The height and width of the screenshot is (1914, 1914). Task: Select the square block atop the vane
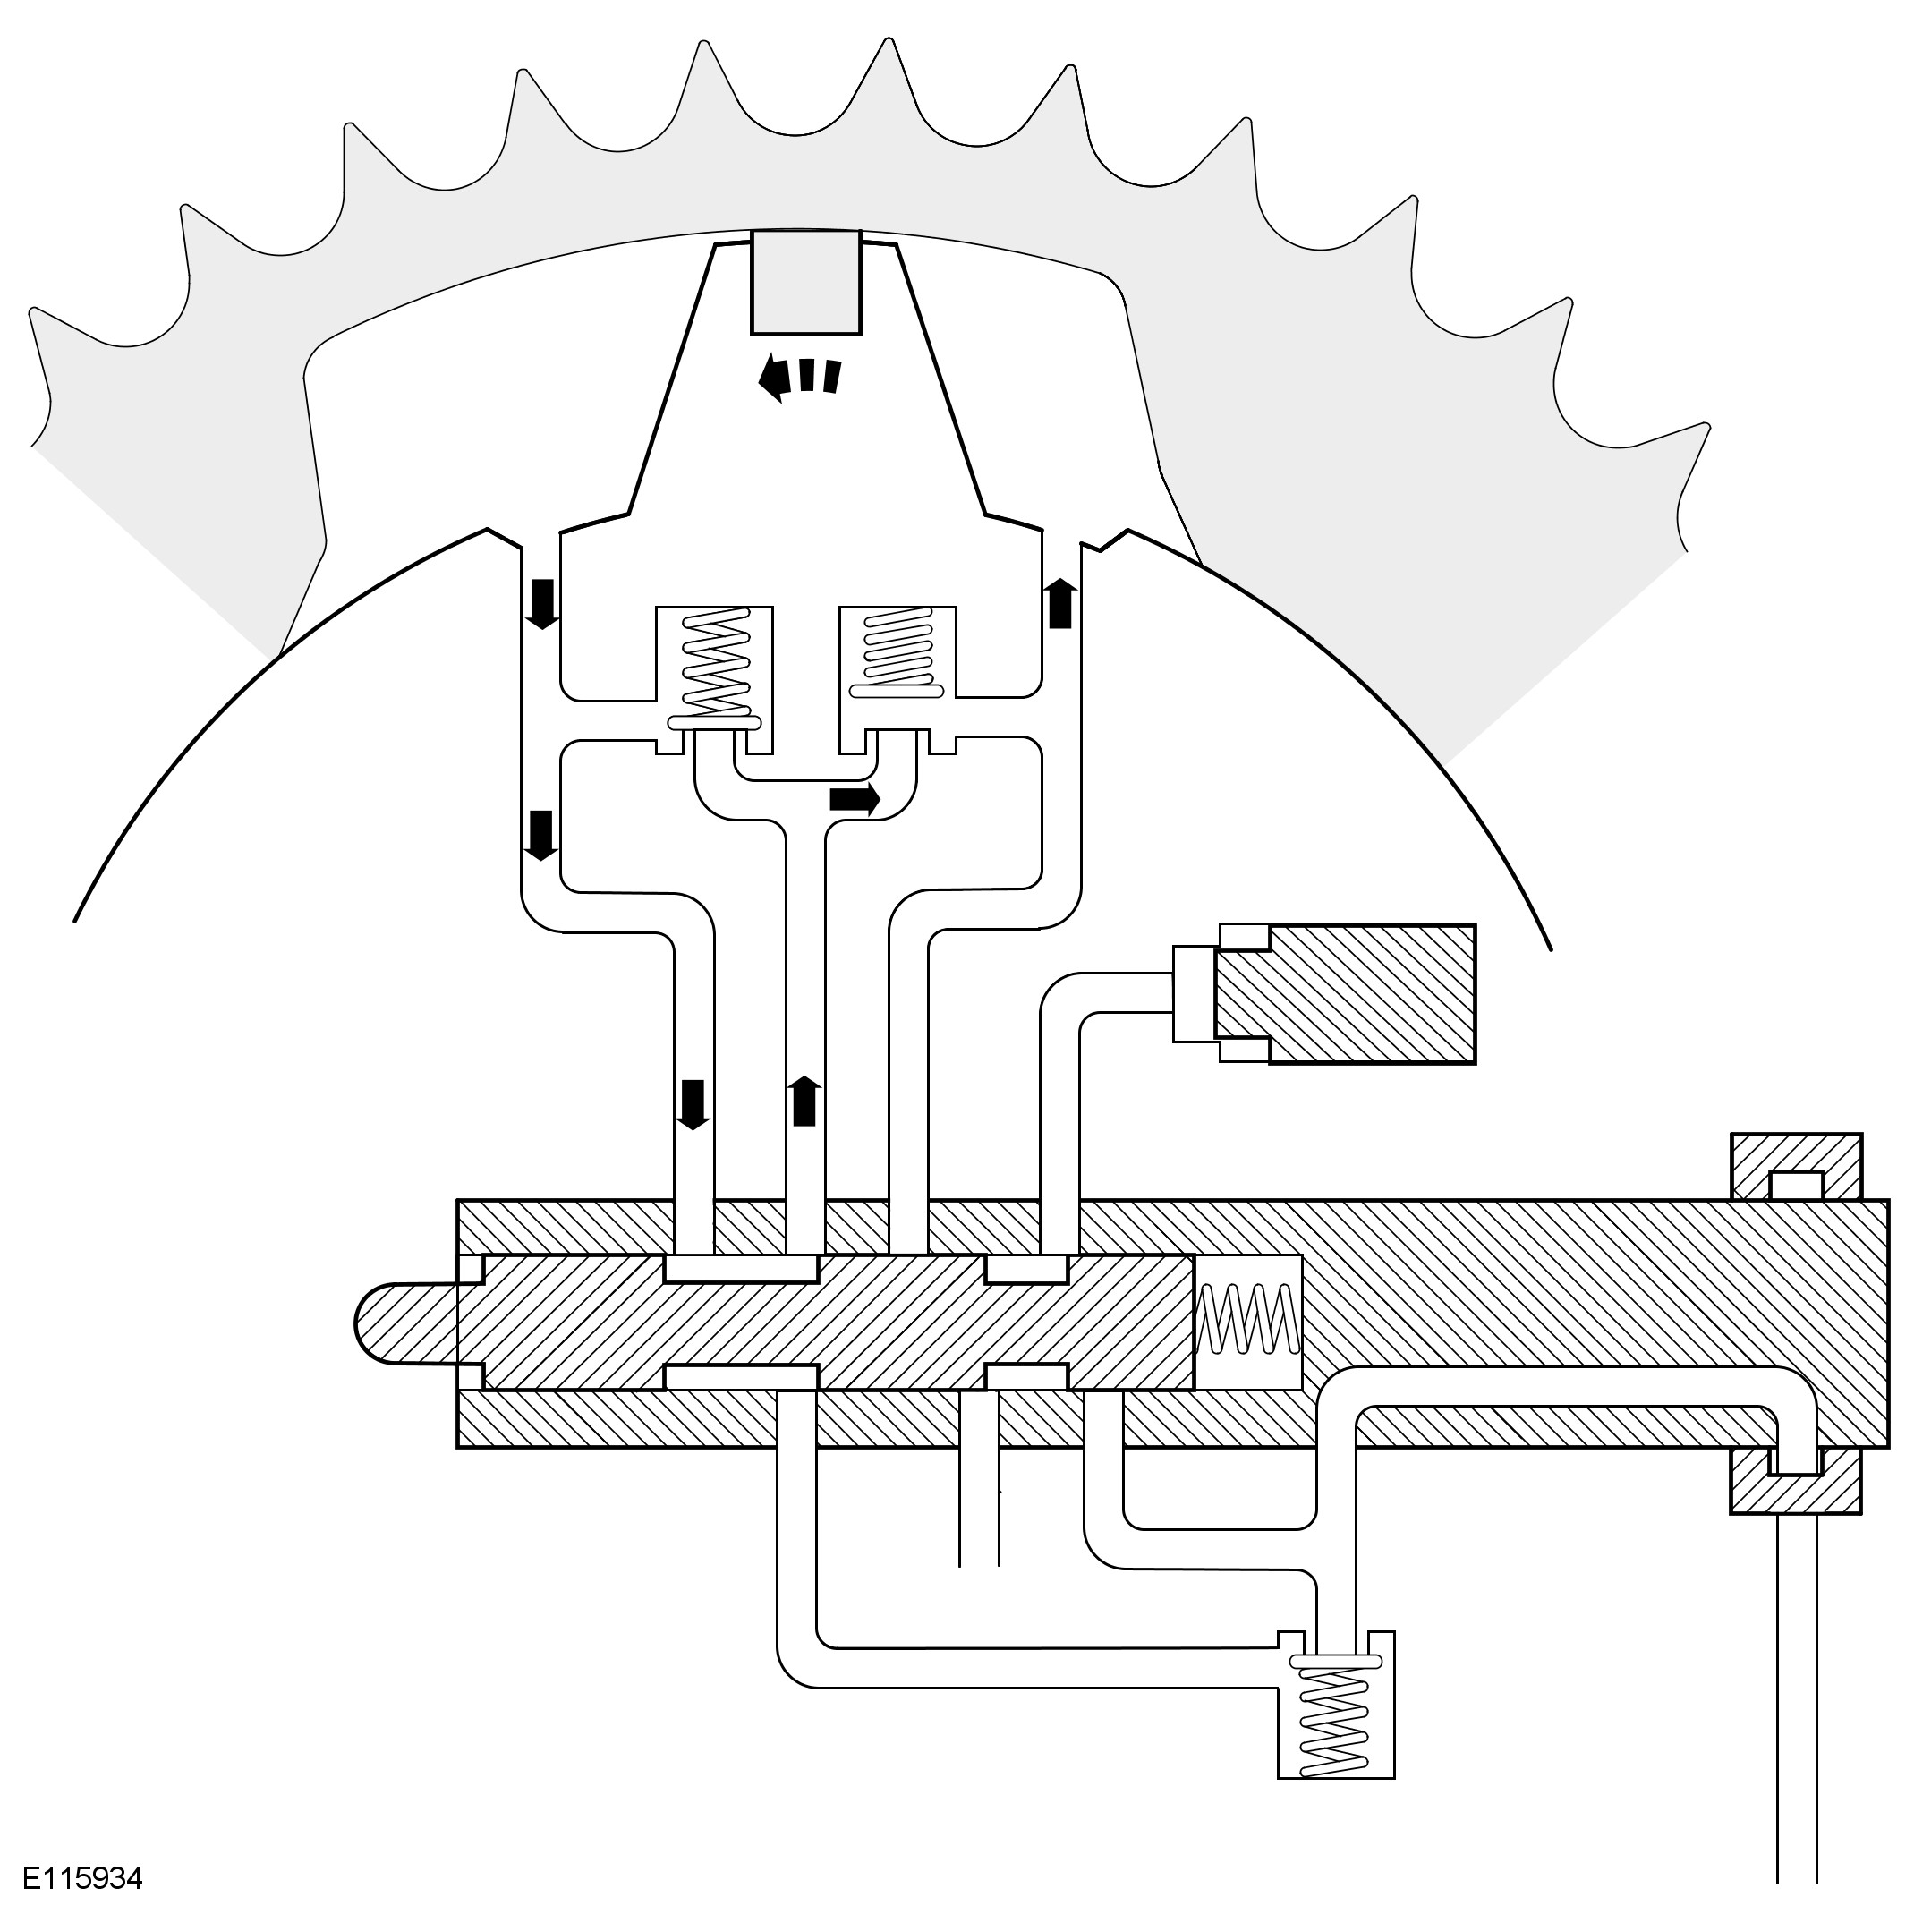(805, 283)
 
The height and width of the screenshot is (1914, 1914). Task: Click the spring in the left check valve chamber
(714, 662)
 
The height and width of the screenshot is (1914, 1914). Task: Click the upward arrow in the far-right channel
(1060, 604)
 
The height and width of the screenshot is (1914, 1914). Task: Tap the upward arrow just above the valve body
(804, 1101)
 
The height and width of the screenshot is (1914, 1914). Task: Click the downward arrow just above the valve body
(693, 1103)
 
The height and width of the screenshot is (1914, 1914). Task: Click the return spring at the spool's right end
(1247, 1319)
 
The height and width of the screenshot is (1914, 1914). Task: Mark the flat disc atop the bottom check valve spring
(1335, 1662)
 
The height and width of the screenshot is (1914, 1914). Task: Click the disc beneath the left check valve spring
(714, 722)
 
